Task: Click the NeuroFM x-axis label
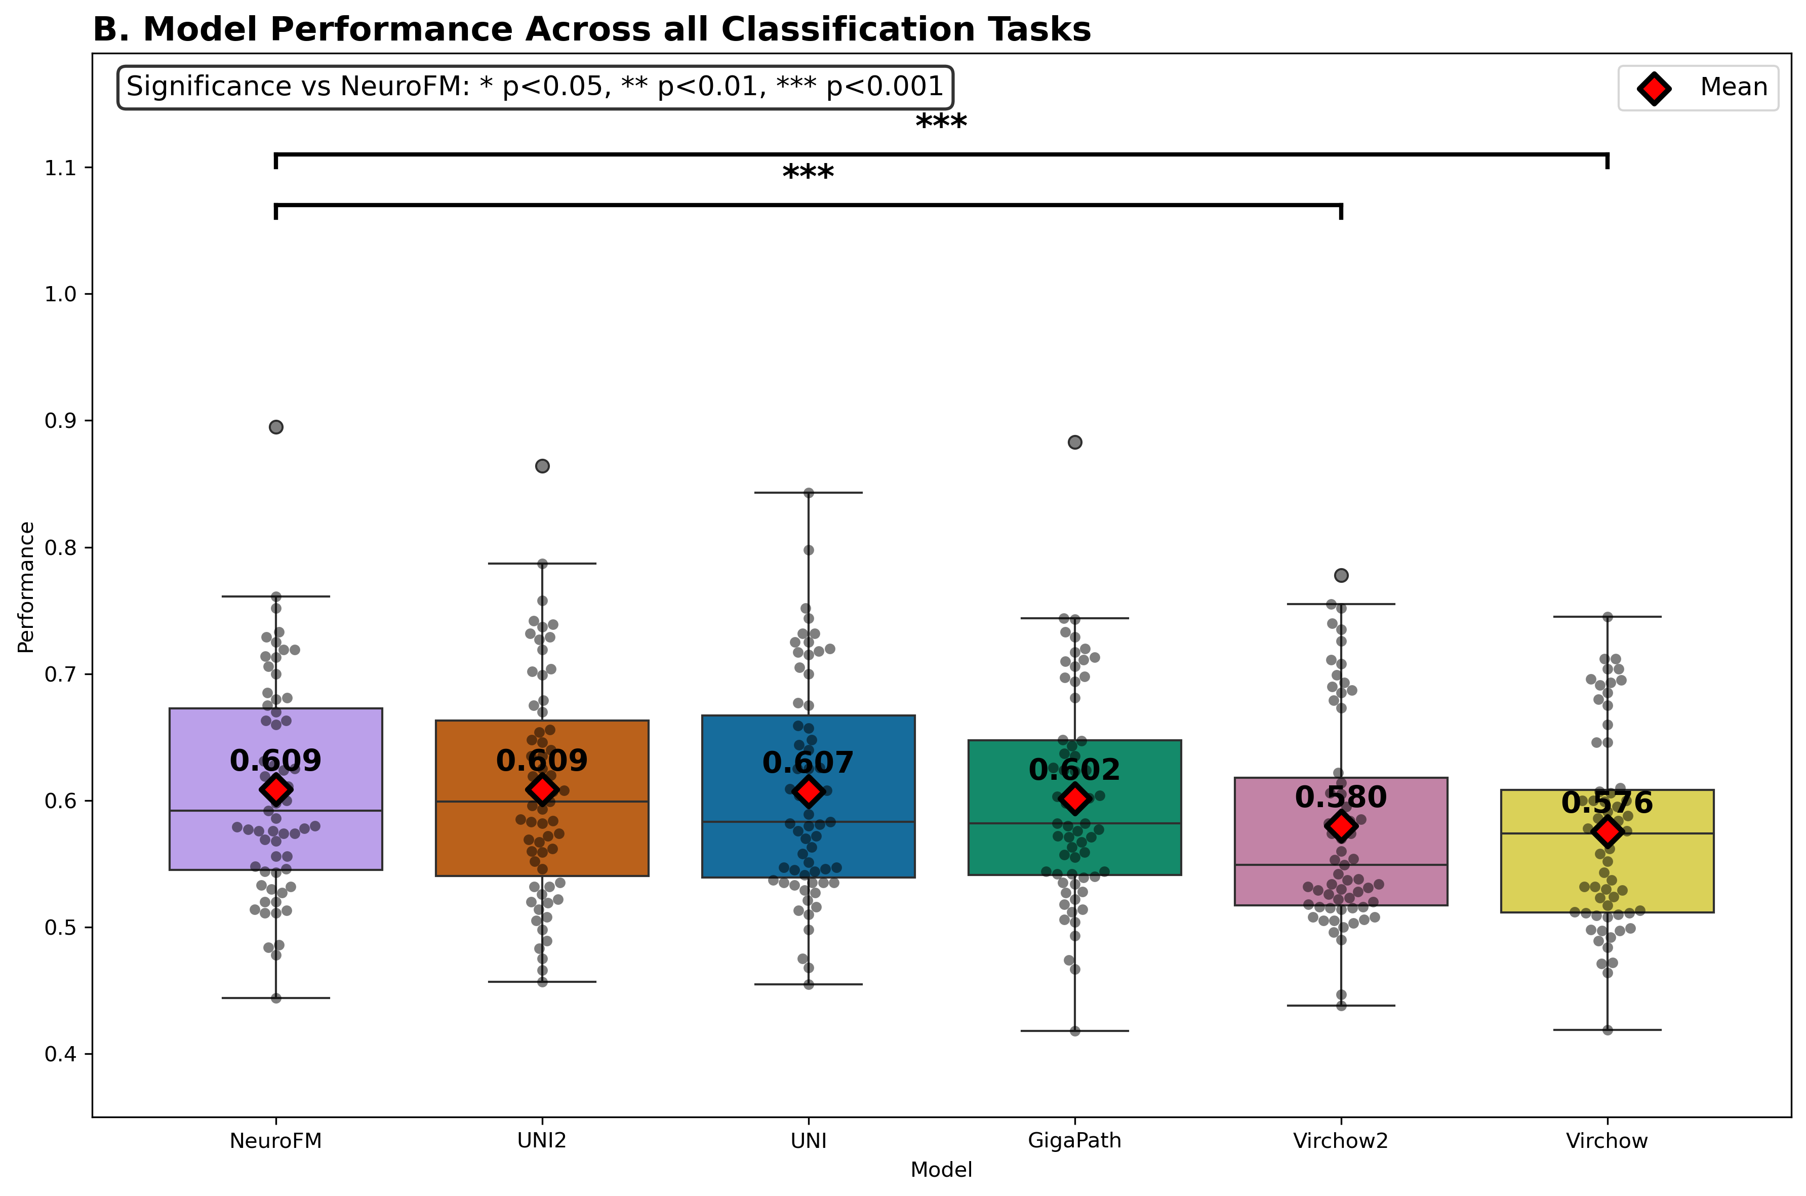coord(275,1141)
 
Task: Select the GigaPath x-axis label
coord(1074,1141)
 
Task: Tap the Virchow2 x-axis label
coord(1340,1141)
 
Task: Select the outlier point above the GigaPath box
coord(1074,443)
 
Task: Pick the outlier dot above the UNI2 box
coord(542,466)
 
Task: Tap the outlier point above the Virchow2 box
coord(1341,575)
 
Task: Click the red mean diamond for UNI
coord(809,792)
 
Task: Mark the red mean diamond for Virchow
coord(1607,831)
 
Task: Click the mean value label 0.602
coord(1074,770)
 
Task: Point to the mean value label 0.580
coord(1340,797)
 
